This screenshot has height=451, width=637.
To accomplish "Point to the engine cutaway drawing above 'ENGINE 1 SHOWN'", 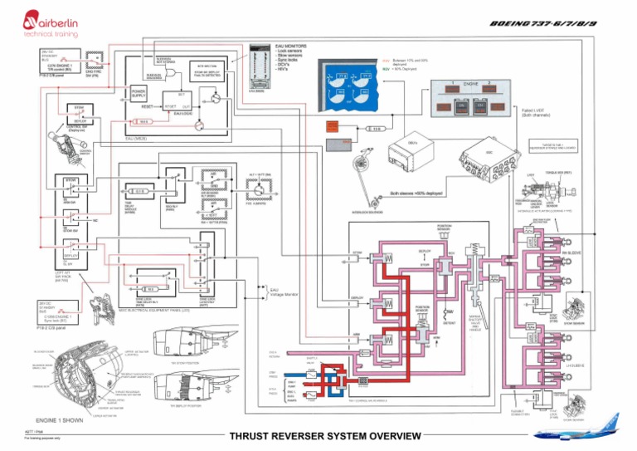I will (x=71, y=378).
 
